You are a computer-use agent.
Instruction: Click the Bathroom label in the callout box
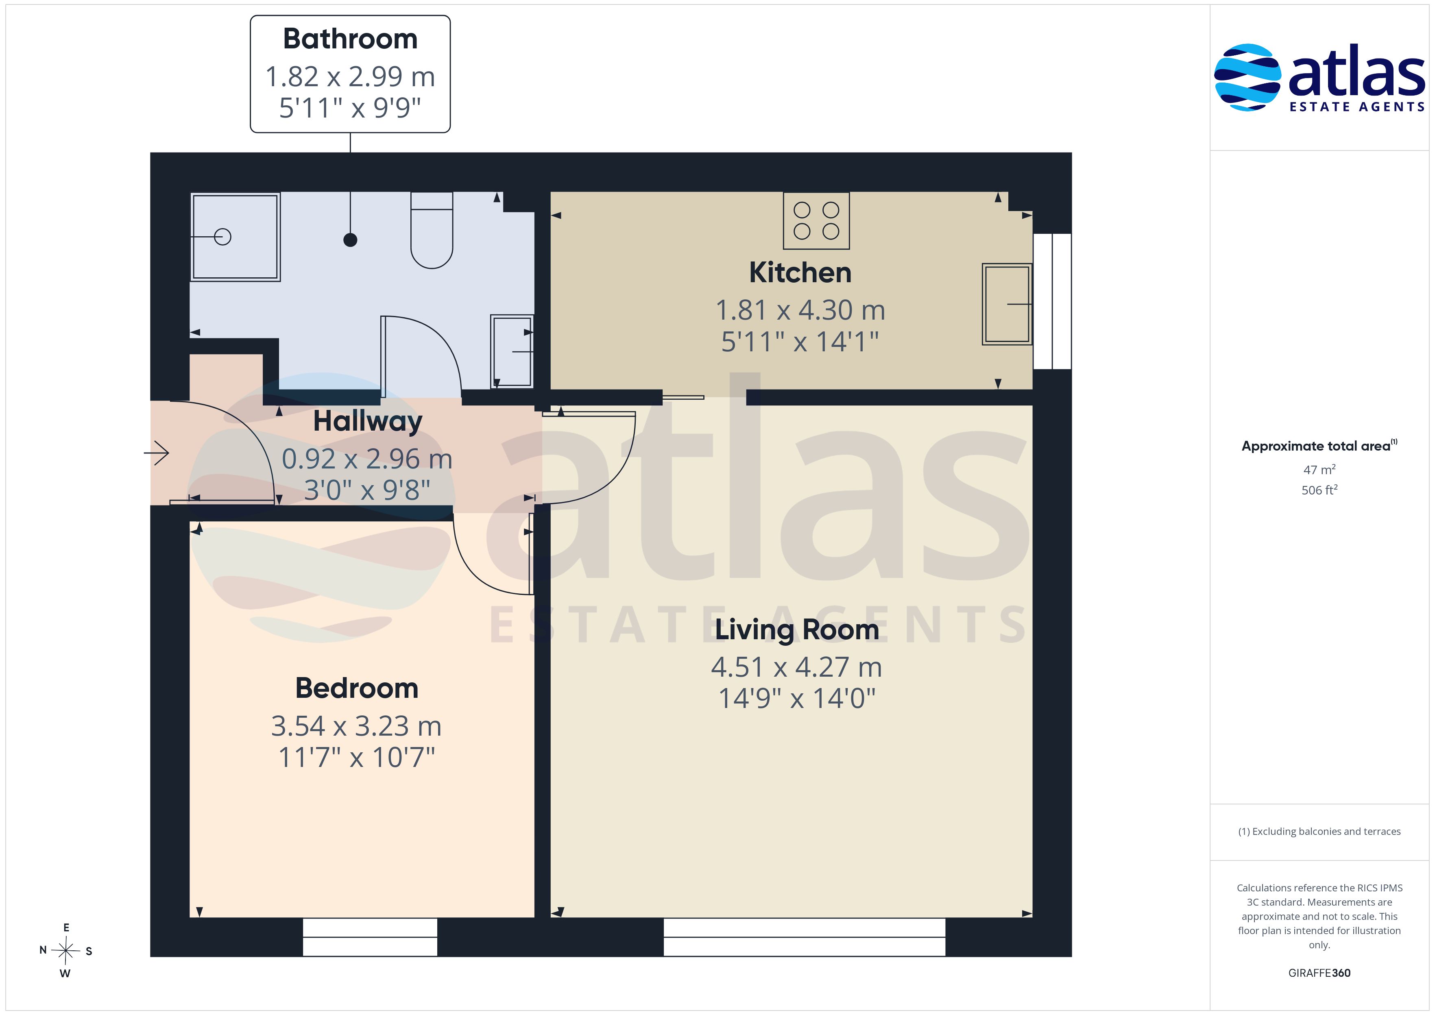[350, 39]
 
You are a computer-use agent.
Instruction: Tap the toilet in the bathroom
[431, 230]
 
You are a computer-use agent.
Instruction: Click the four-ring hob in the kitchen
[816, 221]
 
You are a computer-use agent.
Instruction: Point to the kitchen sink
[1007, 304]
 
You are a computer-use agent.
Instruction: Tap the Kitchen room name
[800, 272]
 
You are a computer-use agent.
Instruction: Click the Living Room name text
[797, 630]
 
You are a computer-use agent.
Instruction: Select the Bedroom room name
[356, 688]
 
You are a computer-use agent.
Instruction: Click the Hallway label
[368, 421]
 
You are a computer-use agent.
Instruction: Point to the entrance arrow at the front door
[157, 453]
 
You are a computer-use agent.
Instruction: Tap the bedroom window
[370, 937]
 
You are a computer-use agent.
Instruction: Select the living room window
[805, 937]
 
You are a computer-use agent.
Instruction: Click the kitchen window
[1053, 301]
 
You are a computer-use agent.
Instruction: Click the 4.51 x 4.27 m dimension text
[796, 667]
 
